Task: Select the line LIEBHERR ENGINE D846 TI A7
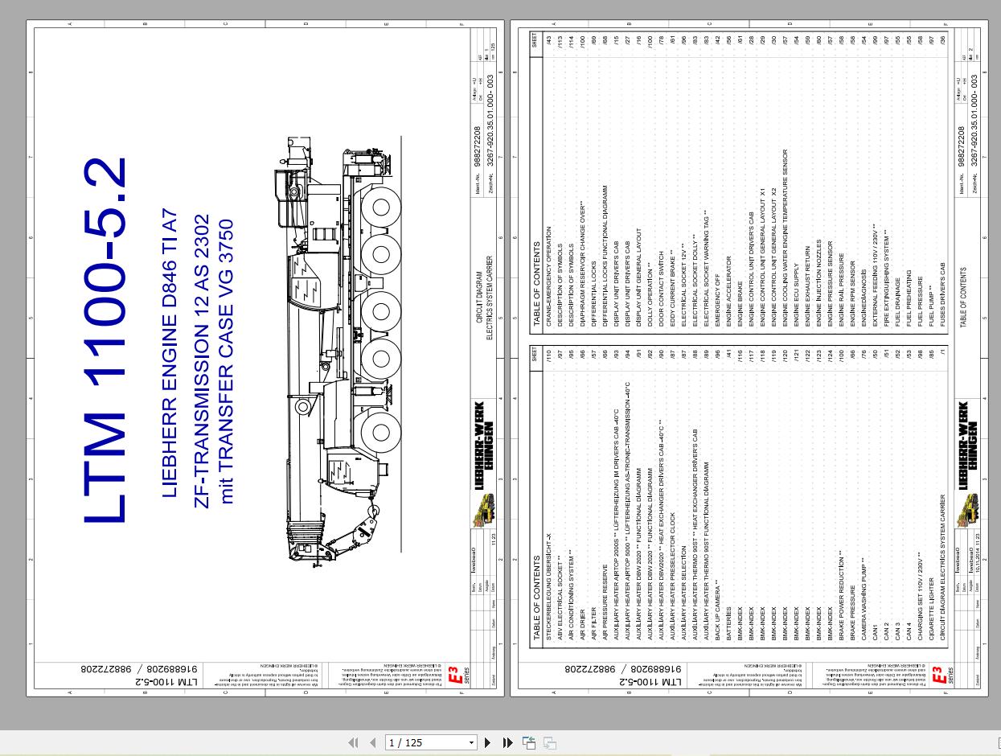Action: pos(169,353)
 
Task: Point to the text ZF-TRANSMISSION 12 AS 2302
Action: pos(202,361)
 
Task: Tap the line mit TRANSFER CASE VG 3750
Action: pos(227,361)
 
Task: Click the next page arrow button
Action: pos(488,742)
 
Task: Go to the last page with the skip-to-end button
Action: pos(508,742)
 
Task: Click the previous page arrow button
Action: pos(372,742)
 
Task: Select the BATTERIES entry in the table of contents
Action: pos(729,623)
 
